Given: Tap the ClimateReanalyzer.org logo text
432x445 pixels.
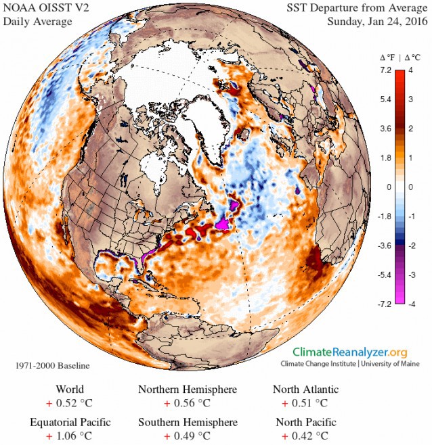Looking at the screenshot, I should click(350, 352).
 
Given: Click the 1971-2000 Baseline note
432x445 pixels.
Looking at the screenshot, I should click(52, 366).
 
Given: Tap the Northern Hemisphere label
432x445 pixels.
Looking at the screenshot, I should click(188, 390).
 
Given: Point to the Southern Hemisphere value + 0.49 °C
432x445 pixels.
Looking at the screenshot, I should click(188, 437).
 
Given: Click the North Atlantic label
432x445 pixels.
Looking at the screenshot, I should click(305, 390).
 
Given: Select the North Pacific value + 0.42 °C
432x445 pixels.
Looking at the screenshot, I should click(305, 437).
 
